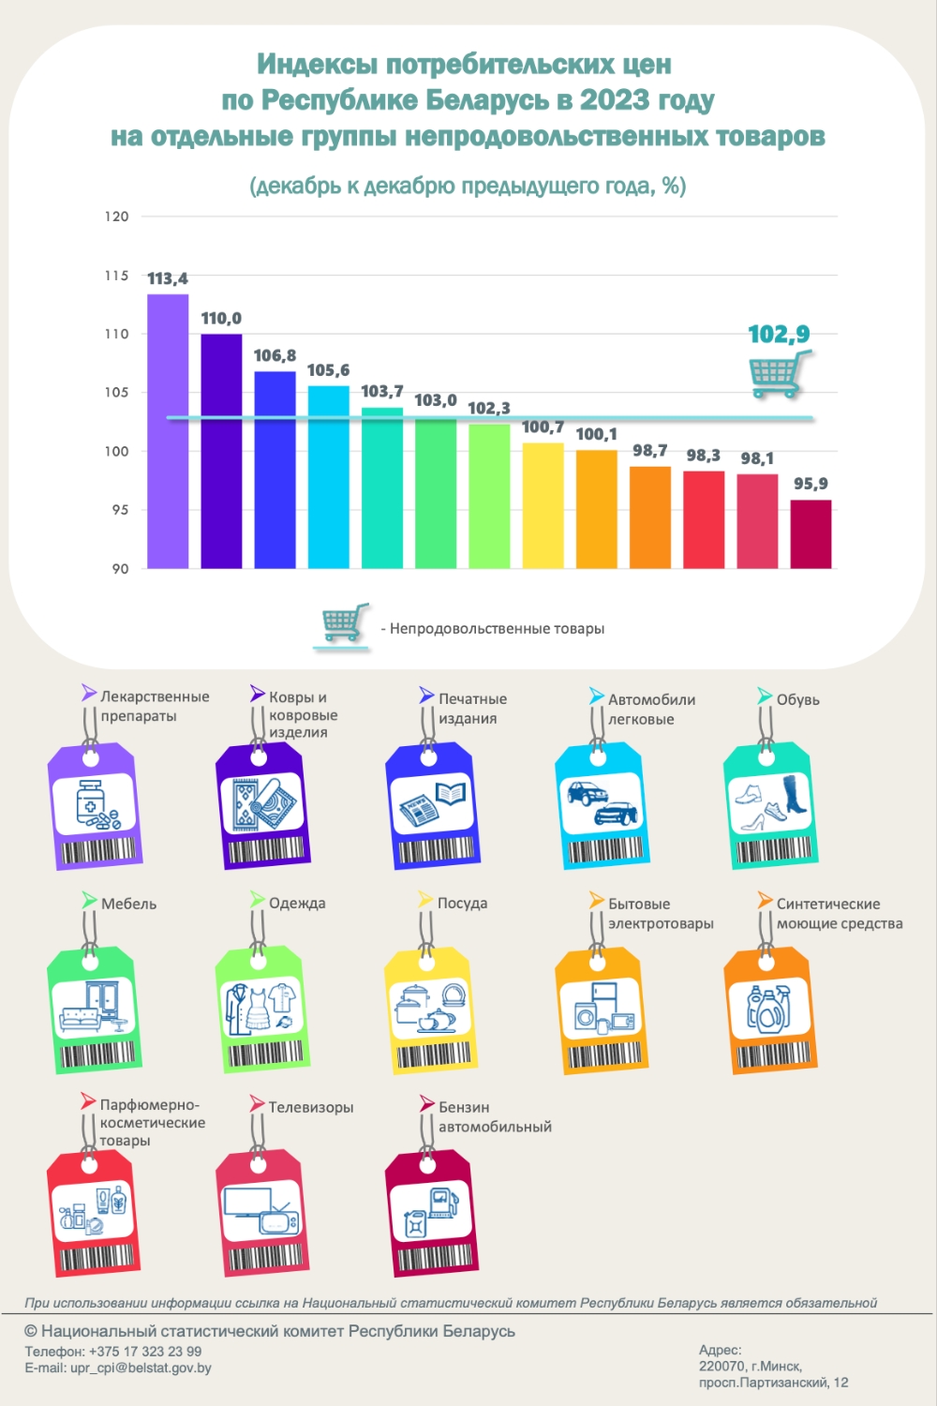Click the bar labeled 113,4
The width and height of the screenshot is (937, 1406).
[168, 431]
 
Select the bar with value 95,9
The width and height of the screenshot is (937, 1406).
[811, 534]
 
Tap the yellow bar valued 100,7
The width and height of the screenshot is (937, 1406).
[543, 506]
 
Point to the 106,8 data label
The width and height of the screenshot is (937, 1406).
[275, 356]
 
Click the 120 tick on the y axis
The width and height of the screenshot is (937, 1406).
[116, 217]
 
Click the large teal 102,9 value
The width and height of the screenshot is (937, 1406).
[779, 334]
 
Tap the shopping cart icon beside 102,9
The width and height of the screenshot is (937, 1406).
[778, 373]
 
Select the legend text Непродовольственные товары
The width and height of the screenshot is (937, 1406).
[497, 628]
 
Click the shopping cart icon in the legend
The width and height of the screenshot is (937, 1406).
[343, 624]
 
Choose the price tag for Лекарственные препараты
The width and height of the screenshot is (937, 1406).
[94, 806]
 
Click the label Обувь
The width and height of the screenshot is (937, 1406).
[797, 699]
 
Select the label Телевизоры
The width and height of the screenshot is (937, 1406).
[311, 1107]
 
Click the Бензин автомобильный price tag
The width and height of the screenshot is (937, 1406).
[432, 1213]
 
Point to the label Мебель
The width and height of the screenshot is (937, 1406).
[128, 904]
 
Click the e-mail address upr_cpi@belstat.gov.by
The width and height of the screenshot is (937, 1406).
[141, 1368]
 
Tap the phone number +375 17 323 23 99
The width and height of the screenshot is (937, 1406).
[145, 1351]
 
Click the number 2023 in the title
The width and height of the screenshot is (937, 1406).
[615, 99]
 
